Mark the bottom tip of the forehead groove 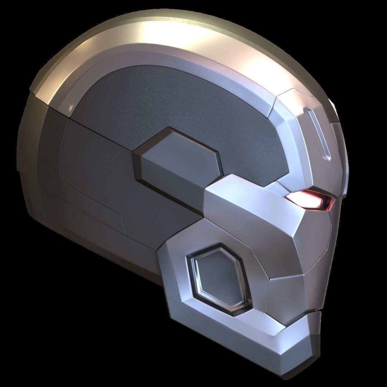(327, 158)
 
